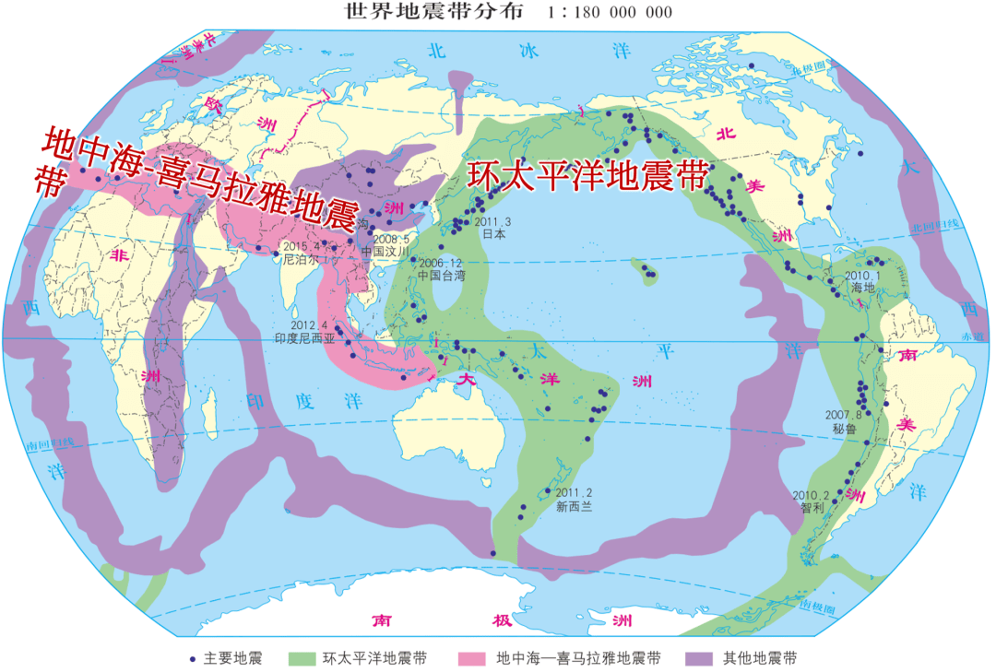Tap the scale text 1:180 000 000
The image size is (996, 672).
[610, 13]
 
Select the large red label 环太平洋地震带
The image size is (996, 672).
[587, 176]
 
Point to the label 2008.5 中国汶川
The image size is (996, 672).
[385, 244]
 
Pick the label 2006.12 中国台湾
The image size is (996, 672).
[441, 268]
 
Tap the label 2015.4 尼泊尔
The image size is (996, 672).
[300, 253]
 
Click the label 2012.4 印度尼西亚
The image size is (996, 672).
[308, 332]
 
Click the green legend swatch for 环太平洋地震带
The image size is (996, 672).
[302, 658]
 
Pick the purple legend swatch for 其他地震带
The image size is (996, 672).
[699, 658]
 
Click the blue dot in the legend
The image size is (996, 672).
[192, 658]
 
